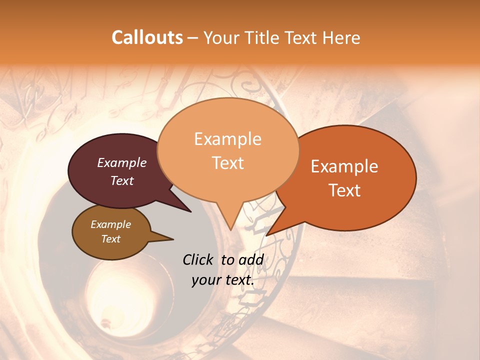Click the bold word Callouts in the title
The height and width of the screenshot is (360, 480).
(147, 37)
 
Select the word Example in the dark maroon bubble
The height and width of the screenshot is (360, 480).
(122, 162)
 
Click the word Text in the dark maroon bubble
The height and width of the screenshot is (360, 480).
(122, 180)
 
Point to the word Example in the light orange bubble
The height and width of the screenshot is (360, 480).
(227, 139)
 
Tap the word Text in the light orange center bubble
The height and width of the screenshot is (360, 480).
(227, 163)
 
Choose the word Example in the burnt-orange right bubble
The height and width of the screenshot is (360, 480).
(344, 166)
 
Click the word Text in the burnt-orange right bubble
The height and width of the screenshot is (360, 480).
(344, 190)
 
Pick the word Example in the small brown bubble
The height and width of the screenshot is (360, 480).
(110, 224)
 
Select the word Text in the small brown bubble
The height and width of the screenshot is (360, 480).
(110, 239)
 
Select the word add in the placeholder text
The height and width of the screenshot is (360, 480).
(251, 259)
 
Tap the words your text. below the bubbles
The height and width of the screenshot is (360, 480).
(223, 280)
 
